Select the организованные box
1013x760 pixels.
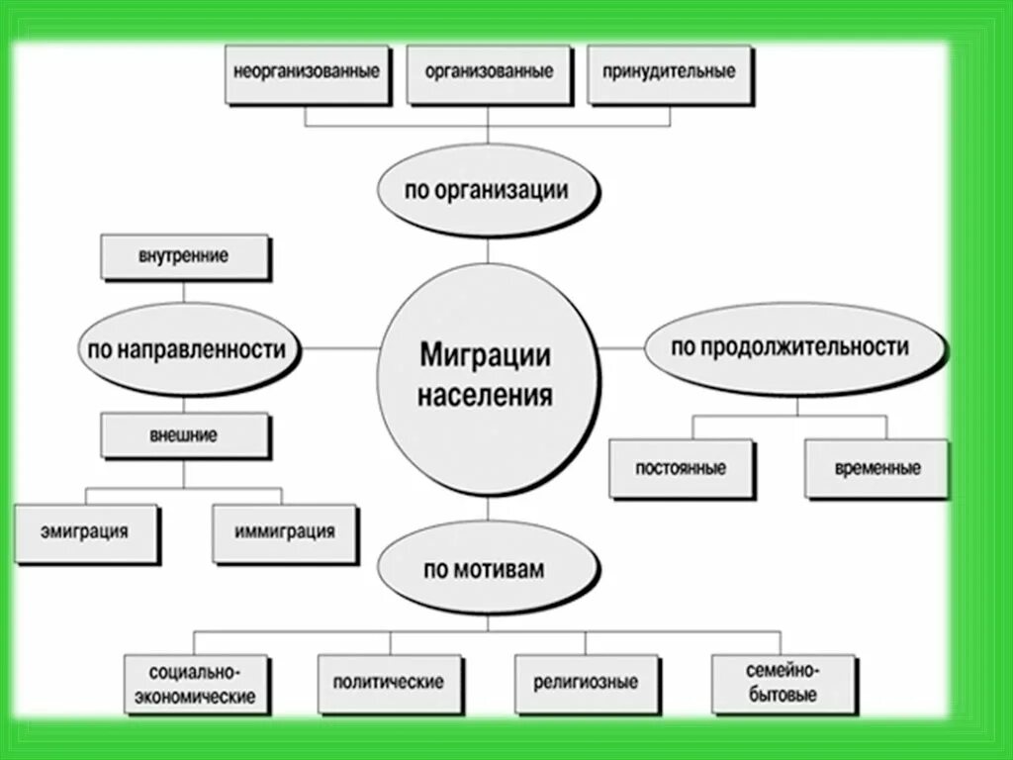[x=489, y=72]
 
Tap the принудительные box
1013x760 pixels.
[x=670, y=72]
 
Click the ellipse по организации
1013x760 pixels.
[x=487, y=190]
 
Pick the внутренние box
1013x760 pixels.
[x=184, y=256]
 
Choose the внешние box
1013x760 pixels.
[x=185, y=435]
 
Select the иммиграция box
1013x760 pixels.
[x=284, y=531]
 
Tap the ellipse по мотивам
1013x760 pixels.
[x=487, y=569]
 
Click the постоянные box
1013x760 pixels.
[x=680, y=468]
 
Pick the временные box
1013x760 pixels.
[x=875, y=468]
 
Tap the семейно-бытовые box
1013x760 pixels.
[x=782, y=683]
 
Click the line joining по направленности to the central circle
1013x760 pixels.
[x=341, y=348]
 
